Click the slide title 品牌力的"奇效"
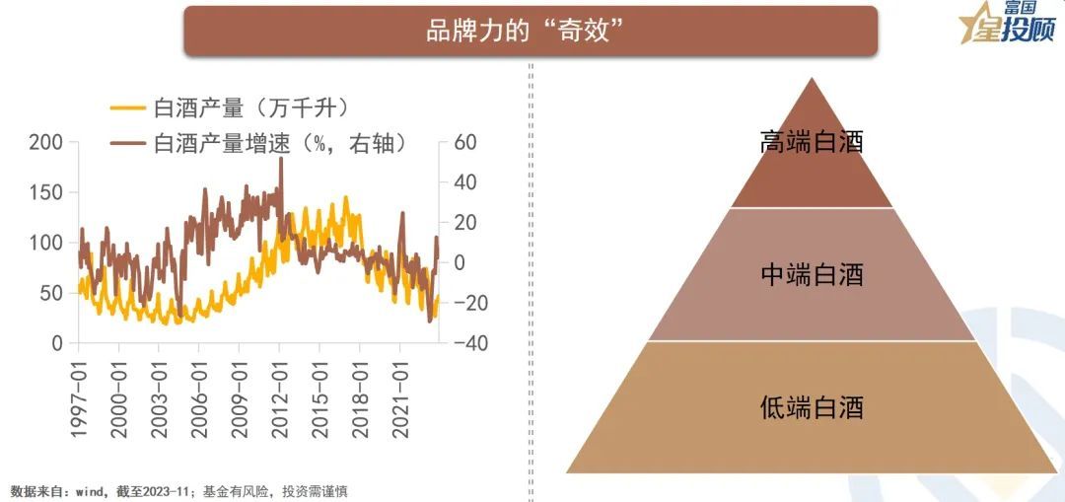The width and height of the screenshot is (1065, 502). tap(529, 32)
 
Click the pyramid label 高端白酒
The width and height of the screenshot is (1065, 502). tap(812, 142)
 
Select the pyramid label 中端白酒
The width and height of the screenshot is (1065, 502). tap(812, 274)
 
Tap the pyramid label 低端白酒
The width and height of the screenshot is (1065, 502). tap(812, 405)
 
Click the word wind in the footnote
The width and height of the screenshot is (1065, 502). tap(89, 490)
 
